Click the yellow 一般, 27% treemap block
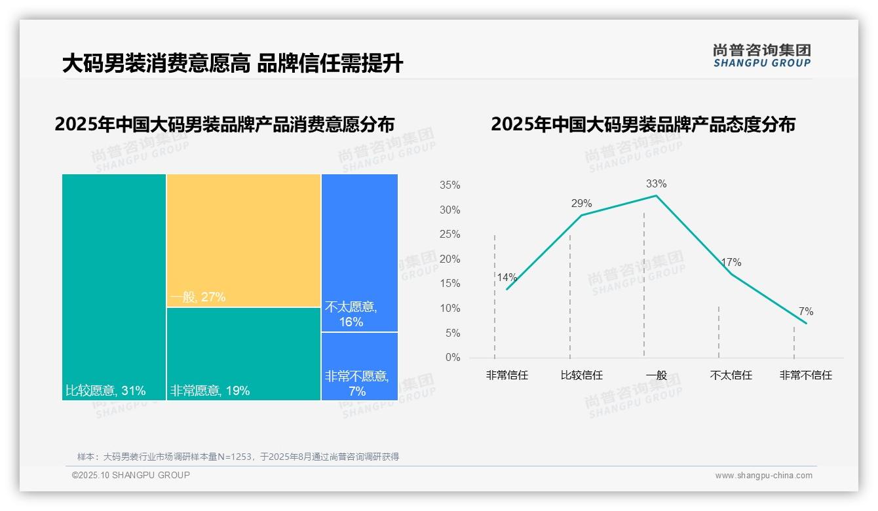click(x=243, y=240)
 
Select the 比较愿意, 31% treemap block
click(x=113, y=287)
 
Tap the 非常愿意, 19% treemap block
click(x=243, y=354)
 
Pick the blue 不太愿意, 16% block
click(x=359, y=252)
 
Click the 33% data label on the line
click(x=656, y=183)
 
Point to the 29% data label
click(x=581, y=203)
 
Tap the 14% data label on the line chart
click(x=506, y=277)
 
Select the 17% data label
click(x=731, y=262)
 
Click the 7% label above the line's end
click(x=805, y=311)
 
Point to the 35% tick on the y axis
click(x=449, y=185)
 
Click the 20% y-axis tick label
click(x=449, y=259)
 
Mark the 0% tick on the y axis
click(x=452, y=358)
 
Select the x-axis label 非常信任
click(x=506, y=375)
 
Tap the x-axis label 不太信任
click(x=731, y=375)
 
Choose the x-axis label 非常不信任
click(x=805, y=375)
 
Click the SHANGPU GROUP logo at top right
click(x=761, y=56)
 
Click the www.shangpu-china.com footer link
click(x=763, y=476)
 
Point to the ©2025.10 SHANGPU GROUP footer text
click(x=131, y=475)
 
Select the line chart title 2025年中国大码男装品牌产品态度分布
click(x=643, y=124)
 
